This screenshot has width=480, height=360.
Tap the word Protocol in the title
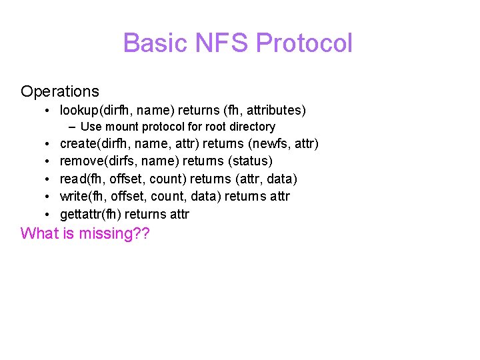(304, 43)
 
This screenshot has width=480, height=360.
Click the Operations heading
(60, 91)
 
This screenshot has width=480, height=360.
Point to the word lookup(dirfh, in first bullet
(94, 110)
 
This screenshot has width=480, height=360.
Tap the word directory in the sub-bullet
(250, 127)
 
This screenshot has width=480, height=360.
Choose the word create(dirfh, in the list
(96, 144)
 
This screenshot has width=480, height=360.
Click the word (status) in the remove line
(250, 161)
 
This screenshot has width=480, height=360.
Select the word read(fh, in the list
(82, 179)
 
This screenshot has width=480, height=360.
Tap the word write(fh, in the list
(84, 197)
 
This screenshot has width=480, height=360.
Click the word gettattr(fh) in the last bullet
(91, 214)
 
